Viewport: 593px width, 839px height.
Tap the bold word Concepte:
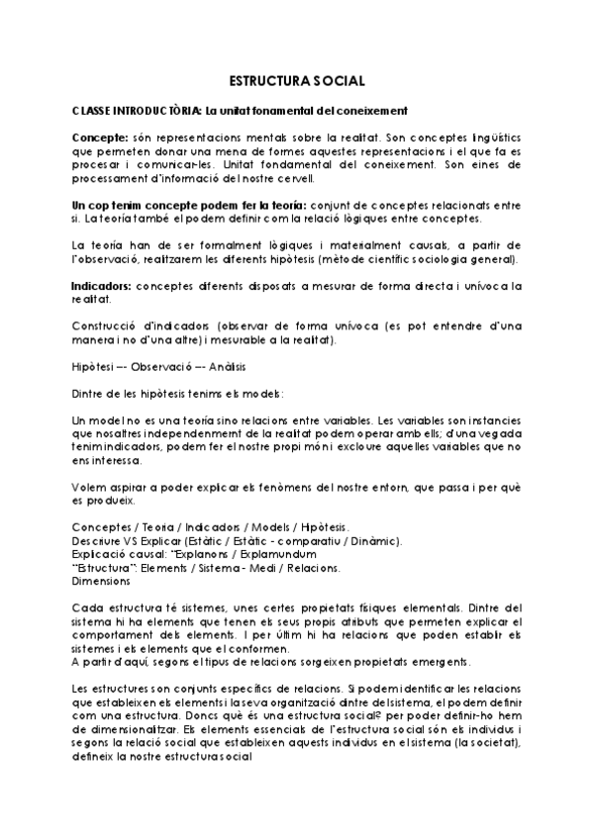pos(100,135)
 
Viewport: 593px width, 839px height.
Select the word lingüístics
pos(483,135)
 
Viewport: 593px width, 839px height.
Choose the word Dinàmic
pos(374,541)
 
